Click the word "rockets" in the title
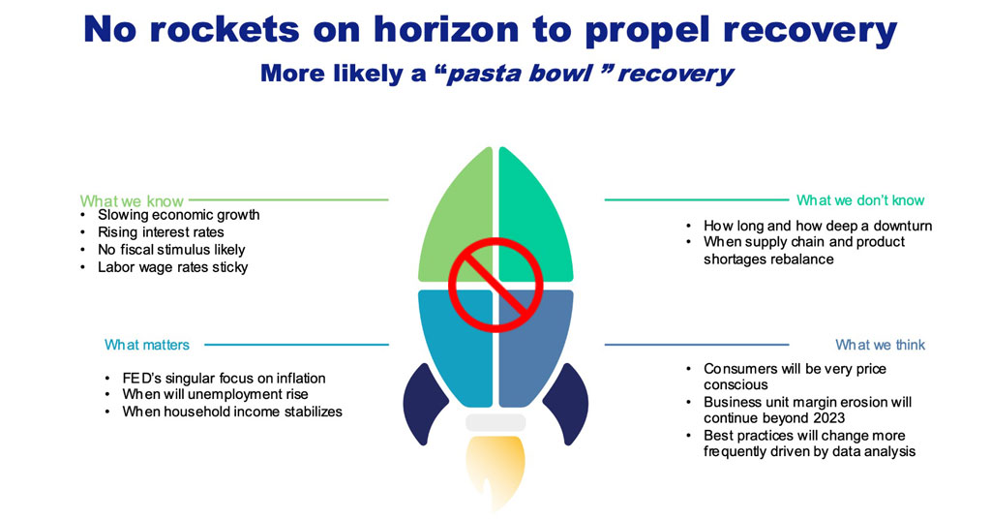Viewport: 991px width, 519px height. pos(224,30)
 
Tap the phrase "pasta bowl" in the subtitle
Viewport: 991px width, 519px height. pos(520,74)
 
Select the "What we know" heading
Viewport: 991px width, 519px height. pos(132,201)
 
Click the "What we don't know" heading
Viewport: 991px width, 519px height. pos(860,200)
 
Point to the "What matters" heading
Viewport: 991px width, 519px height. pos(147,345)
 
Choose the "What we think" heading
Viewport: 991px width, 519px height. pos(881,345)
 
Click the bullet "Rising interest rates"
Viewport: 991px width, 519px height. pos(161,232)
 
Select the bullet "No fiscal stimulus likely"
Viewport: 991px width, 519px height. pos(171,250)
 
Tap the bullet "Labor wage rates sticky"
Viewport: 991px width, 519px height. pos(172,267)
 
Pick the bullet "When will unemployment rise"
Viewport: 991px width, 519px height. pos(216,394)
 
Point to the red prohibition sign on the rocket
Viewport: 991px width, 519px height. pos(495,285)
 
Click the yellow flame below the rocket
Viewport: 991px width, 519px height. pos(495,471)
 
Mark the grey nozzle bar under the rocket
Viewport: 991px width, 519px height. pos(495,423)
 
